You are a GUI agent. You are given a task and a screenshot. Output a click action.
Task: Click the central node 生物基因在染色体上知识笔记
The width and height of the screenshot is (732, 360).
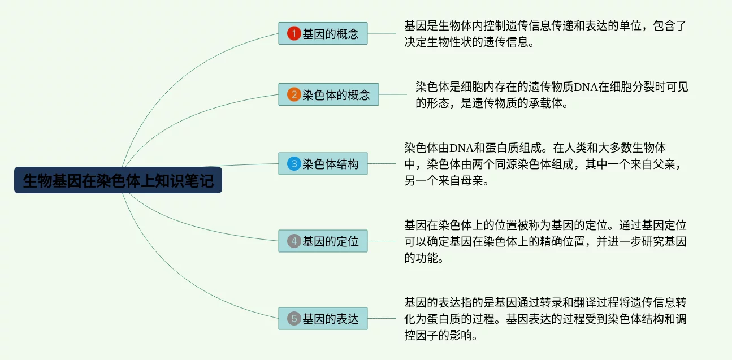pyautogui.click(x=118, y=180)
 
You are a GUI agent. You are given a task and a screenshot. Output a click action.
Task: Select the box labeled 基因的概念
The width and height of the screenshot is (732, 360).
pyautogui.click(x=323, y=33)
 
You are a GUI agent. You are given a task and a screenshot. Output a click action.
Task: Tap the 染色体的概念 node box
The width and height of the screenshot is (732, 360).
pyautogui.click(x=328, y=94)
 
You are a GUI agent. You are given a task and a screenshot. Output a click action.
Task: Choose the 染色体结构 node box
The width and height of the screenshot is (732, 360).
pyautogui.click(x=323, y=164)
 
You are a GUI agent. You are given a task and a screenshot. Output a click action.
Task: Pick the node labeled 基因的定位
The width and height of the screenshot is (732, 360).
pyautogui.click(x=323, y=241)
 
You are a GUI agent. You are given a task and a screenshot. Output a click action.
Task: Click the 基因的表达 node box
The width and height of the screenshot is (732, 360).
pyautogui.click(x=323, y=319)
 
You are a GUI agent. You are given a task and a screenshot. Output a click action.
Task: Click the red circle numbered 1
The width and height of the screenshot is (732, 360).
pyautogui.click(x=293, y=33)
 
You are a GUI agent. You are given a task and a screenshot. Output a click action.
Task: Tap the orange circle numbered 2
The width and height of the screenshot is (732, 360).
pyautogui.click(x=293, y=94)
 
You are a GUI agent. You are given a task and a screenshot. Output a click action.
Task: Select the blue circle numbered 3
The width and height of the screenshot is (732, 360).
pyautogui.click(x=293, y=164)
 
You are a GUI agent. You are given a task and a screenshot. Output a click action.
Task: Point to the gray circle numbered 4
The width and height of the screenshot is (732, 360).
pyautogui.click(x=293, y=241)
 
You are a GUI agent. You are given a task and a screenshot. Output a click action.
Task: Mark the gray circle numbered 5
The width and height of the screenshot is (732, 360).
pyautogui.click(x=293, y=319)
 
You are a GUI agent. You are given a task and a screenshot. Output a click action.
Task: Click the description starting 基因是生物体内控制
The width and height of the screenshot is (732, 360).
pyautogui.click(x=545, y=26)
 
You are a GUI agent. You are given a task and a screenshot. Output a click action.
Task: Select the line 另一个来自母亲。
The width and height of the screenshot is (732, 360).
pyautogui.click(x=446, y=181)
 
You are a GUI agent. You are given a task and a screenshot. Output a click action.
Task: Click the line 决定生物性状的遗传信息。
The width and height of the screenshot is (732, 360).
pyautogui.click(x=469, y=42)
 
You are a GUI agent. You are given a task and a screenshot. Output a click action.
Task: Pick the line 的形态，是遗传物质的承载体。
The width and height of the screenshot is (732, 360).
pyautogui.click(x=491, y=103)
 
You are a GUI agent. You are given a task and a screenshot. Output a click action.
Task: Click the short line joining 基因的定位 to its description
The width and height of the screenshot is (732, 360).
pyautogui.click(x=382, y=241)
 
